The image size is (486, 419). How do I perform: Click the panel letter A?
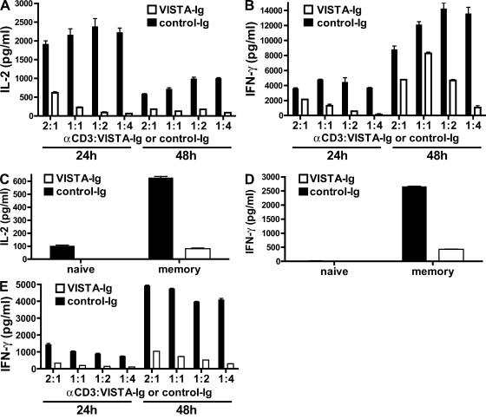[x=6, y=7]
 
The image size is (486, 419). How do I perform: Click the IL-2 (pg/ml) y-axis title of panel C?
[x=10, y=215]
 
